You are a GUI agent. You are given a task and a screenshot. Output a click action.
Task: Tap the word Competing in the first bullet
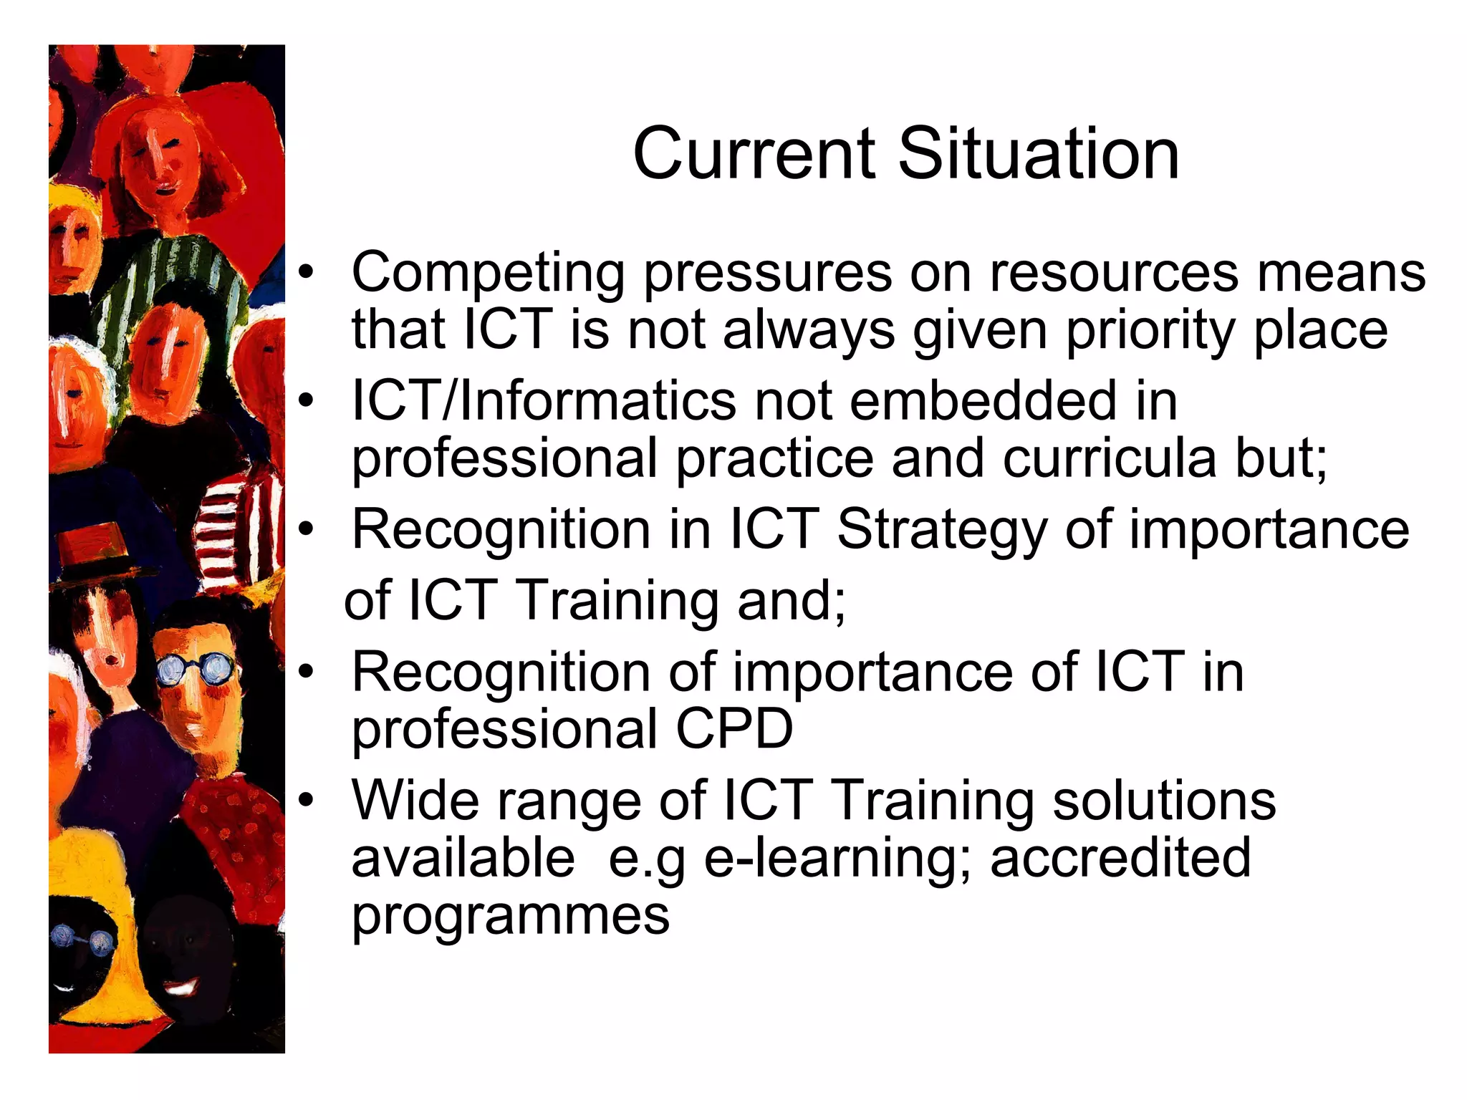click(489, 274)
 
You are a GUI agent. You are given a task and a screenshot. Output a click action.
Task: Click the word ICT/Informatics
click(544, 400)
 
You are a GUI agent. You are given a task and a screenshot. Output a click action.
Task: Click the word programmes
click(511, 917)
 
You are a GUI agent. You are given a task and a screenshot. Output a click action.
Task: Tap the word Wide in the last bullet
click(415, 800)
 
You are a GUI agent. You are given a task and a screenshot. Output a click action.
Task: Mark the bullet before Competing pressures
click(307, 273)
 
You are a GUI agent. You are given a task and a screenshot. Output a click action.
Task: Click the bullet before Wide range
click(307, 800)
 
